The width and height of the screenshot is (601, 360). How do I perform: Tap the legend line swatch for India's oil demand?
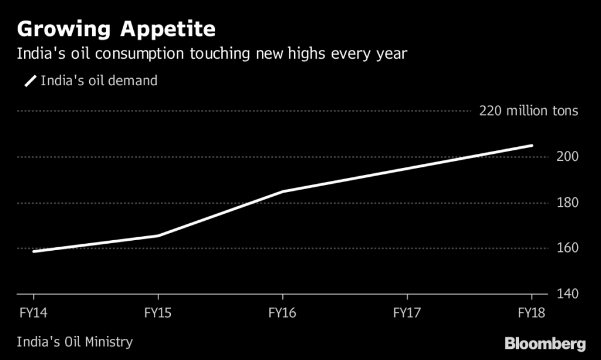click(x=30, y=81)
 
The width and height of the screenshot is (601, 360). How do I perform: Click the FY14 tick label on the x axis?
click(x=33, y=312)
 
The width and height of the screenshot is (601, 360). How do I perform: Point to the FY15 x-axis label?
click(x=158, y=312)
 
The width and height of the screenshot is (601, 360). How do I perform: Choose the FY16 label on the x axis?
click(x=282, y=312)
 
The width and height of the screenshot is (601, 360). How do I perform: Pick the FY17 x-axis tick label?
click(x=407, y=312)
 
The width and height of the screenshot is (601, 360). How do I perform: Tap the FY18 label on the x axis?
click(x=531, y=312)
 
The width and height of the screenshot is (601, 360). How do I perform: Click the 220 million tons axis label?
click(x=528, y=111)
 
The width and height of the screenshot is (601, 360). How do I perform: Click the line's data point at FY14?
click(x=34, y=251)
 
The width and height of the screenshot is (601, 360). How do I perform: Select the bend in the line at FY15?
click(x=158, y=236)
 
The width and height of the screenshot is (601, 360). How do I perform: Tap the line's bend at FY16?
click(x=282, y=191)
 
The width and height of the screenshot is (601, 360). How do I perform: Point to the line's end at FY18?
click(x=532, y=146)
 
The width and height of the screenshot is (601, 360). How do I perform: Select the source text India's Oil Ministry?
click(x=75, y=342)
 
